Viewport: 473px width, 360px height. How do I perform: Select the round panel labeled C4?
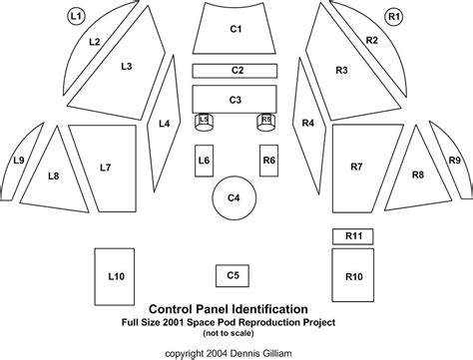(234, 198)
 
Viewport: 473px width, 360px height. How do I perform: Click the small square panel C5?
(233, 274)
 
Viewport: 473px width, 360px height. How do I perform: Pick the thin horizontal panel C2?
(236, 71)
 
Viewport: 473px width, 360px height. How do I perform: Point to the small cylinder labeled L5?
(205, 121)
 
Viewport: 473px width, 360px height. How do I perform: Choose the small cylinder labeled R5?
(265, 121)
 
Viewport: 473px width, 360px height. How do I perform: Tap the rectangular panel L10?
(116, 275)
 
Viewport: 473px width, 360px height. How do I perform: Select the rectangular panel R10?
(351, 275)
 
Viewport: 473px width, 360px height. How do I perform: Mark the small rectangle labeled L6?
(204, 161)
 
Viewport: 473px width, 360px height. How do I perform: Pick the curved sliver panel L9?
(19, 162)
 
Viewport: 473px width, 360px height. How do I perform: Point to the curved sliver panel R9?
(453, 162)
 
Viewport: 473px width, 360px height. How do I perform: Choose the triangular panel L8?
(55, 176)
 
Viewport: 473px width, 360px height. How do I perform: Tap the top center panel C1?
(236, 30)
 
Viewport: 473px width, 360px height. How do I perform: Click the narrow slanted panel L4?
(163, 125)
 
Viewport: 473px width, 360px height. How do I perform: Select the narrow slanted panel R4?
(308, 125)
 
